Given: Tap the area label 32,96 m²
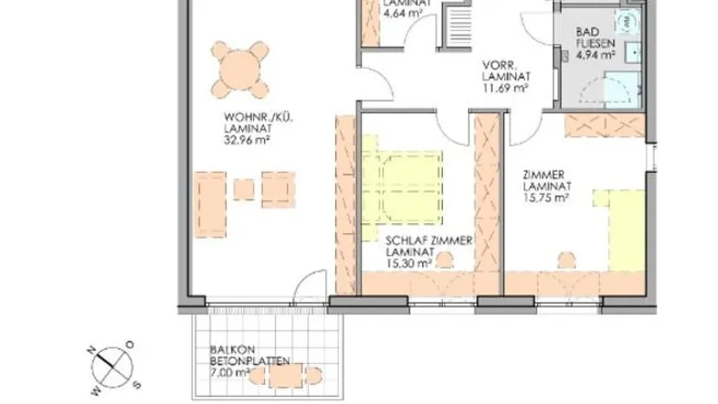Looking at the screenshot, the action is (247, 140).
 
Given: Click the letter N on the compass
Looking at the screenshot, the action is (91, 351).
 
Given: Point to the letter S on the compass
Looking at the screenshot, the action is (137, 385).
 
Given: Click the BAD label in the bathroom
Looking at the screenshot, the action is (587, 32).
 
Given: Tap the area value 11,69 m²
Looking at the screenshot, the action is (506, 87).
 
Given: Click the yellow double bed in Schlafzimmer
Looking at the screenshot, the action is (402, 187).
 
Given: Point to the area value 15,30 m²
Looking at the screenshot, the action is (409, 263).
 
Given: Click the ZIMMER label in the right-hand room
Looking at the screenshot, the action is (544, 175).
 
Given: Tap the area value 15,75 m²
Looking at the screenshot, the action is (546, 197).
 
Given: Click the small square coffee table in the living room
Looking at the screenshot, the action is (244, 189).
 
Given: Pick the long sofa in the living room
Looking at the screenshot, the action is (211, 205).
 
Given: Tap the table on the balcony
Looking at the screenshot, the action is (286, 376).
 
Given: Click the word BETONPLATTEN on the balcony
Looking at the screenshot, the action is (250, 361).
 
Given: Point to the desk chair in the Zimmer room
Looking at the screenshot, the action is (567, 260).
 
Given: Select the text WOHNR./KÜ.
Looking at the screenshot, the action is (259, 118).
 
